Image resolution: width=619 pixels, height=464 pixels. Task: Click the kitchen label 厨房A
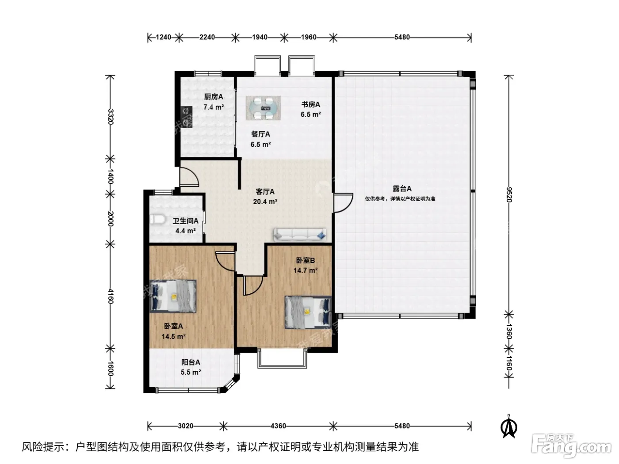214,97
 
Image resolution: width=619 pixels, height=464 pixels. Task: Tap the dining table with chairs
263,108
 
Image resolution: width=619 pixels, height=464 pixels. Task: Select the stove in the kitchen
187,117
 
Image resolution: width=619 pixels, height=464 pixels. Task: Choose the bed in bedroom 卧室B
308,312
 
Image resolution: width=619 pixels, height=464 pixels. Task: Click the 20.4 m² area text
265,202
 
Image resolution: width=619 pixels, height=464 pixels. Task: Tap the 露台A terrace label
402,189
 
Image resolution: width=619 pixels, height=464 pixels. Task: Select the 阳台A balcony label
191,362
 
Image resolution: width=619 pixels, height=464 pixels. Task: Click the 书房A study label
310,105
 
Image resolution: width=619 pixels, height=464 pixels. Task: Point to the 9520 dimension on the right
509,194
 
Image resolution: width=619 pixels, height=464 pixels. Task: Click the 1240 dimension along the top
164,37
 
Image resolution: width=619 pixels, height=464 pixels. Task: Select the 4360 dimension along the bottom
279,426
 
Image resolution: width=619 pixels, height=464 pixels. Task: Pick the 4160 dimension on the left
111,297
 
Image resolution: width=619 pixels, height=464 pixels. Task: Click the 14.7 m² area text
306,270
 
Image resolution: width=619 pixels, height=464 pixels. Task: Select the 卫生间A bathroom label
186,221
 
